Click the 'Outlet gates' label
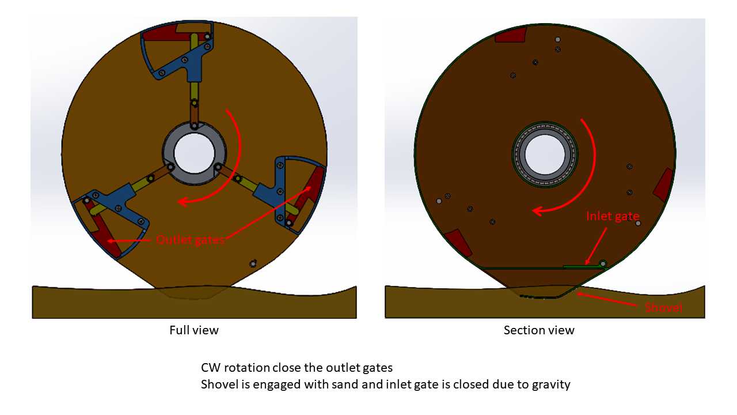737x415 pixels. click(190, 239)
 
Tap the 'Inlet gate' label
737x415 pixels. click(613, 216)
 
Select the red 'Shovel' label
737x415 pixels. click(663, 308)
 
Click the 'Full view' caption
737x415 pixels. click(194, 330)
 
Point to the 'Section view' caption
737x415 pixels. click(539, 330)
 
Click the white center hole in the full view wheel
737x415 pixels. click(194, 153)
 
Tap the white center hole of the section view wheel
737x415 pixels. click(545, 154)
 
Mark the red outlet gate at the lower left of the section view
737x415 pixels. click(458, 243)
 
